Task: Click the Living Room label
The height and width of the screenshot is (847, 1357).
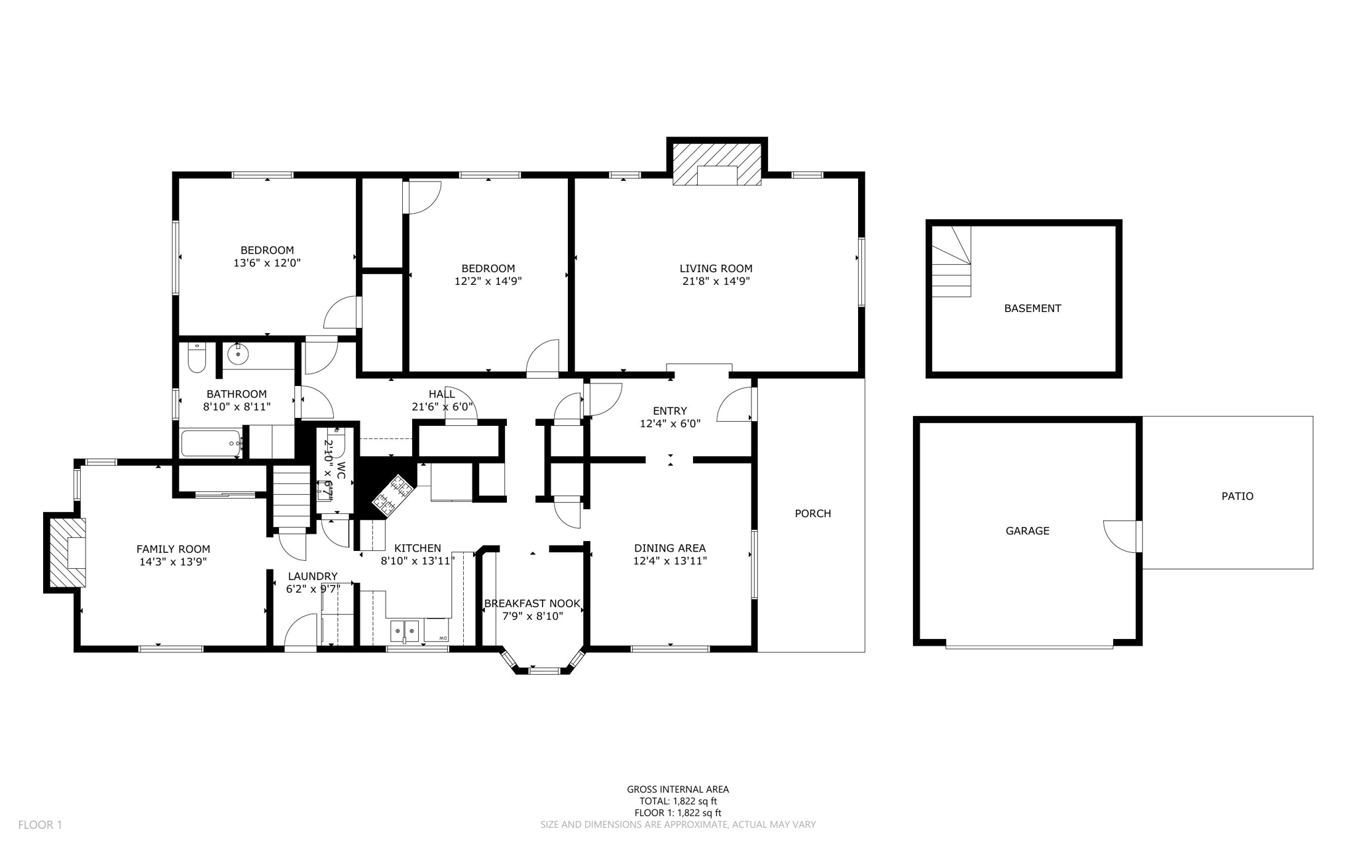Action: [x=716, y=268]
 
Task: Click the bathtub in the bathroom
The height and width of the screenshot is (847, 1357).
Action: [x=210, y=443]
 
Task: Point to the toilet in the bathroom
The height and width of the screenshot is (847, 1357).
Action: [x=197, y=358]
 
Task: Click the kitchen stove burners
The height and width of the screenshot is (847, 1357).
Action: [x=393, y=495]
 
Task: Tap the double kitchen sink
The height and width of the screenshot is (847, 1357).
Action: [x=404, y=631]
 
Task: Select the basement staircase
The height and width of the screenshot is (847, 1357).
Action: [x=952, y=262]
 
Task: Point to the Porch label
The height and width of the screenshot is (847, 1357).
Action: [x=812, y=513]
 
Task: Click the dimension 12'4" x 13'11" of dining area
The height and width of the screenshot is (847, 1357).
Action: [x=670, y=561]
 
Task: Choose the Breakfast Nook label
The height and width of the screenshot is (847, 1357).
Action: [x=532, y=603]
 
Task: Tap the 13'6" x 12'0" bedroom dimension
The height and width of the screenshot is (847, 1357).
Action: [x=267, y=263]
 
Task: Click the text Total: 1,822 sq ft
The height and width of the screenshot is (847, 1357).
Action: [x=678, y=801]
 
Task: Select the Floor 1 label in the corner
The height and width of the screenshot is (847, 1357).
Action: [x=40, y=824]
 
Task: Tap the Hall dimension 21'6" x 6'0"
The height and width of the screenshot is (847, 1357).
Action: [x=442, y=407]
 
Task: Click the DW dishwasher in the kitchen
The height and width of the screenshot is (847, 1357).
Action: [x=437, y=630]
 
